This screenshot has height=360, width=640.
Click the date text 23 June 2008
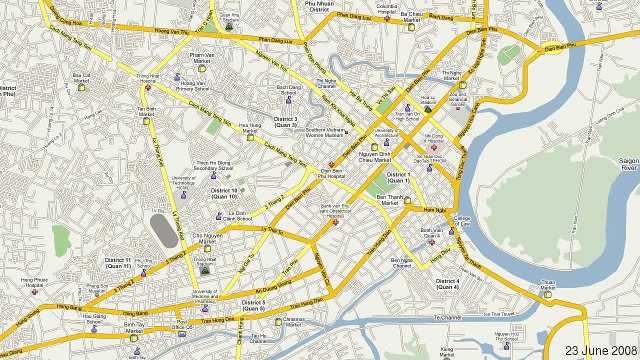pyautogui.click(x=600, y=351)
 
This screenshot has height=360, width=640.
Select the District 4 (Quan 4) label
pyautogui.click(x=447, y=283)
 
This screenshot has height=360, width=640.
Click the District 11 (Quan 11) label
pyautogui.click(x=118, y=263)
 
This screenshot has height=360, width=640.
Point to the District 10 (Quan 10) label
pyautogui.click(x=224, y=194)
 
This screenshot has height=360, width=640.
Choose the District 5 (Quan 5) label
pyautogui.click(x=253, y=305)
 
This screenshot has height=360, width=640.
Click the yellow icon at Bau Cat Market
pyautogui.click(x=82, y=85)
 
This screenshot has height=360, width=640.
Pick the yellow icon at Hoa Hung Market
pyautogui.click(x=250, y=134)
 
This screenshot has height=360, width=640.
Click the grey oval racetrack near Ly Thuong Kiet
pyautogui.click(x=161, y=226)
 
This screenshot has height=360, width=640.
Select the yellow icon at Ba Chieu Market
pyautogui.click(x=409, y=19)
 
